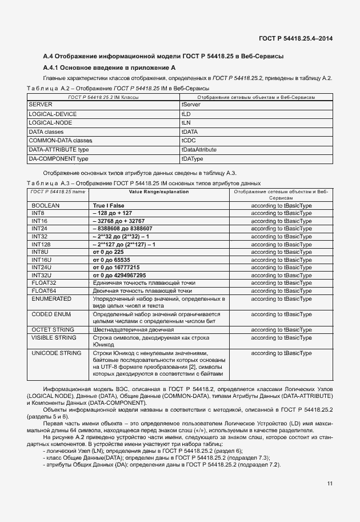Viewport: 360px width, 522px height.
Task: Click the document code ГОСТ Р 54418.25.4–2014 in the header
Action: [295, 39]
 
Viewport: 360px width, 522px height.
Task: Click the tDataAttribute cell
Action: [199, 149]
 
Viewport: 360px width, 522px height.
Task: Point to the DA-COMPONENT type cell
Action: [58, 158]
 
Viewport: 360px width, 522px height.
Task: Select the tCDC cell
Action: [189, 141]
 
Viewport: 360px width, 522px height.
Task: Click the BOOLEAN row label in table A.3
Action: [46, 205]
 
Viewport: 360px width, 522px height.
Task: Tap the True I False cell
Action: [109, 205]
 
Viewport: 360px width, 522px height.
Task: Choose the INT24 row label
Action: [39, 228]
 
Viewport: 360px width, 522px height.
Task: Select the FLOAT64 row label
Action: [43, 290]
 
